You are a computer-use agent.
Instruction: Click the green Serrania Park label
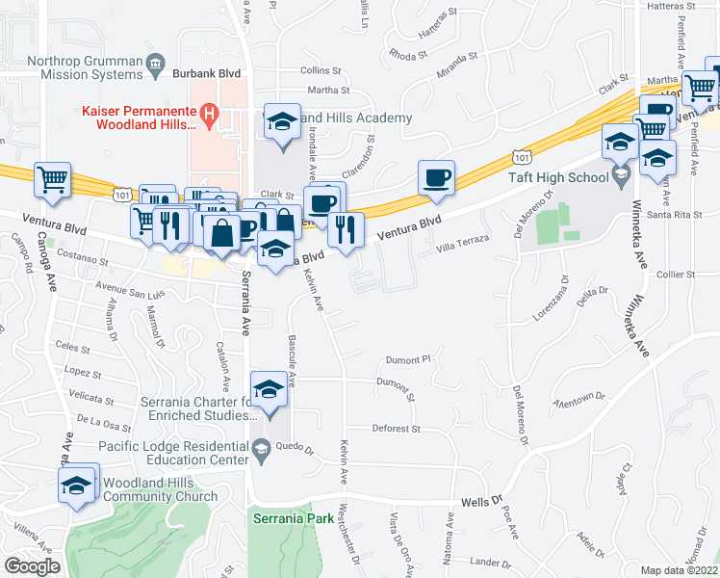click(293, 518)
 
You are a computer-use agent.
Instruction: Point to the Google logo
click(32, 566)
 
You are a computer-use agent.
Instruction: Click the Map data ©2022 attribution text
click(679, 570)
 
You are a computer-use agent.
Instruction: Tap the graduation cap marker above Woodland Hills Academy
click(282, 122)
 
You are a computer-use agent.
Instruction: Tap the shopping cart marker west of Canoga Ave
click(52, 179)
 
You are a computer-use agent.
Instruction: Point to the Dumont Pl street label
click(404, 360)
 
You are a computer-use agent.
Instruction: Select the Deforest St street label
click(397, 428)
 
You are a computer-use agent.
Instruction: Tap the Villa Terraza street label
click(463, 241)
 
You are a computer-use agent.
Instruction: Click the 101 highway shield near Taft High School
click(520, 156)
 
